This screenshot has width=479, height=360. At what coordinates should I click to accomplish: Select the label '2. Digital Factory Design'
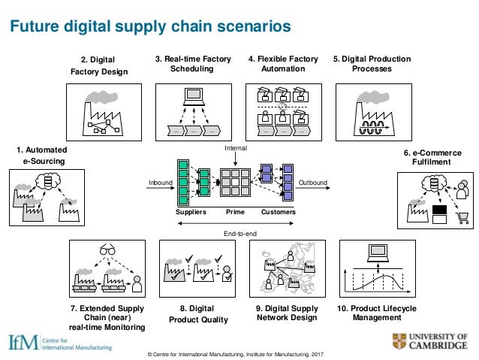[104, 65]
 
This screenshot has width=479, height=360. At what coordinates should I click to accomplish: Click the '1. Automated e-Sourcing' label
[38, 155]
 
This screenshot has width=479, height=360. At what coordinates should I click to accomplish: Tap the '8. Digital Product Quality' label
[193, 314]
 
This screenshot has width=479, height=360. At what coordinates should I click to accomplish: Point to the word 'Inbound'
[161, 183]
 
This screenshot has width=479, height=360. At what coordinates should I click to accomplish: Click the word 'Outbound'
[313, 183]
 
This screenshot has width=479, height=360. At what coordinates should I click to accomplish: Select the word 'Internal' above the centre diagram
[236, 150]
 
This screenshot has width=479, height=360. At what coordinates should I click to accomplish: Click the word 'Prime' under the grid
[236, 213]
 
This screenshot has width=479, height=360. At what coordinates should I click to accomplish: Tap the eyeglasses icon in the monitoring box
[107, 250]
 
